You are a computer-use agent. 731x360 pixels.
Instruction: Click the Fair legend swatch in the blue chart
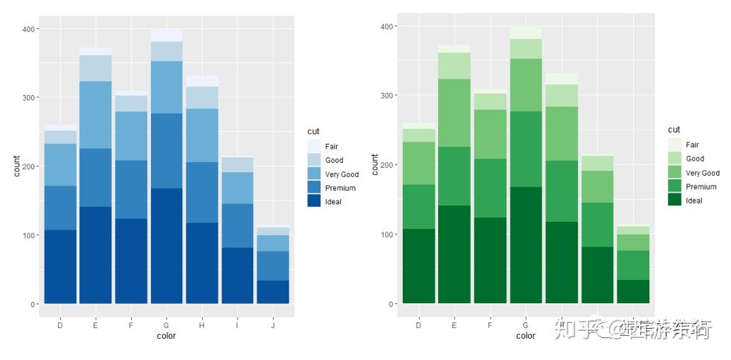313,147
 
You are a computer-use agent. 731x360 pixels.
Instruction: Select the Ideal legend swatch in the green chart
674,201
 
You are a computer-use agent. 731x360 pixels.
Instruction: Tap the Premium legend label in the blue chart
340,188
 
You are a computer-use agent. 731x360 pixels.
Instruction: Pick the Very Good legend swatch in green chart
674,173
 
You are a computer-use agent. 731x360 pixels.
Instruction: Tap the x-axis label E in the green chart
454,325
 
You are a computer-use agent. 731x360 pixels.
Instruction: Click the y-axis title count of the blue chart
16,166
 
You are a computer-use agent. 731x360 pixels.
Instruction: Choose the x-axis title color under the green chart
525,336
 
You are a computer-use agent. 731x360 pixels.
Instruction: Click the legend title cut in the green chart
674,130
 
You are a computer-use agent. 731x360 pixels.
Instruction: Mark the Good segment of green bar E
454,66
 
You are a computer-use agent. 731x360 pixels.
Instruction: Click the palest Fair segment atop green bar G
525,33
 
